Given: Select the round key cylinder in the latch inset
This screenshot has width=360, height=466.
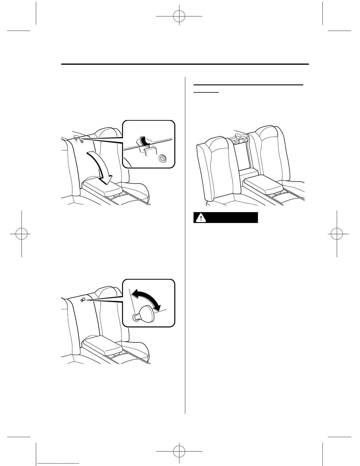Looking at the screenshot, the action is pyautogui.click(x=162, y=159).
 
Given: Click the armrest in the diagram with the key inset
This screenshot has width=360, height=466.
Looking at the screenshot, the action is pyautogui.click(x=102, y=345).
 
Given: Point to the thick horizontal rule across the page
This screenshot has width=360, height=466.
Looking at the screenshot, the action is pyautogui.click(x=185, y=64).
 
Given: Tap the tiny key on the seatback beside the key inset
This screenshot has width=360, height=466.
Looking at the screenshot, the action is pyautogui.click(x=83, y=300).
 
